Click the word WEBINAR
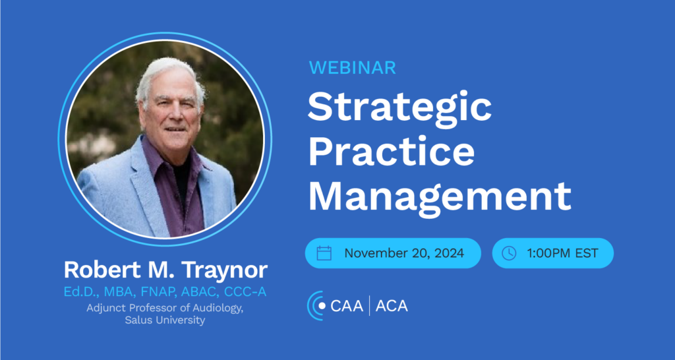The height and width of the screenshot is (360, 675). click(x=353, y=68)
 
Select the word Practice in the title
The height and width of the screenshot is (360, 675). click(x=392, y=154)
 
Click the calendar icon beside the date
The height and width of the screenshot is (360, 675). click(x=324, y=253)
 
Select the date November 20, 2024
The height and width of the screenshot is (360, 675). click(x=404, y=253)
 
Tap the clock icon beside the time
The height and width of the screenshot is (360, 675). click(x=509, y=253)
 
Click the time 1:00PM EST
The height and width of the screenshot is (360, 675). click(x=563, y=253)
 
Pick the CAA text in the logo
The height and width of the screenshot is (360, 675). click(x=347, y=306)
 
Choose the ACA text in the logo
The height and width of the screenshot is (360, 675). click(x=392, y=306)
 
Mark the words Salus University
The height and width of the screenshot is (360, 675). click(x=165, y=320)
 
